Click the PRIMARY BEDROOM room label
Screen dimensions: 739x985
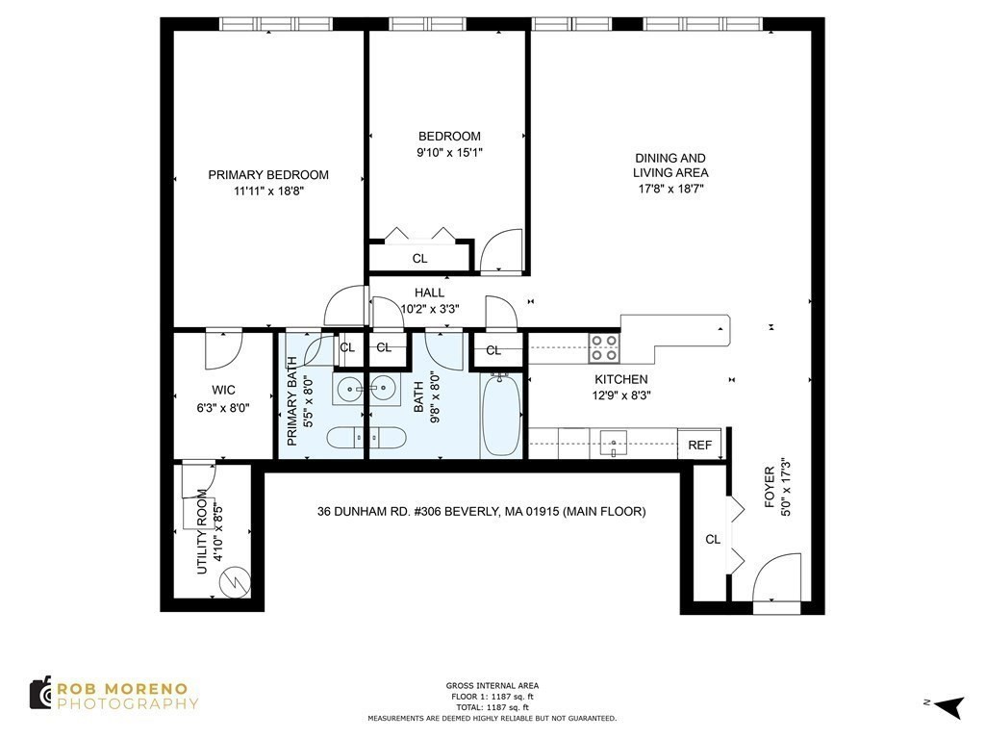(x=268, y=175)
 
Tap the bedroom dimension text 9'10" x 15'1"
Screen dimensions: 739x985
(x=449, y=152)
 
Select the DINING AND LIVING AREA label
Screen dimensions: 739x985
(x=669, y=166)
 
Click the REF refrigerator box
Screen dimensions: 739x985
(x=699, y=445)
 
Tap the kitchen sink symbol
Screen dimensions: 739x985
(x=613, y=444)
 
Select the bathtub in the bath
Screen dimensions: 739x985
(x=499, y=418)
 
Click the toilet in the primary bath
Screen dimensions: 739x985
(x=346, y=438)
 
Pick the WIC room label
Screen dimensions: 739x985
(x=223, y=390)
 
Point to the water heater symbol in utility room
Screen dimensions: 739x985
(x=233, y=581)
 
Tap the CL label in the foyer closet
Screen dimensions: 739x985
(x=713, y=540)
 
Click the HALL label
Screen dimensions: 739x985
(x=429, y=293)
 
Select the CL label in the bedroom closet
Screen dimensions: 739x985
(x=419, y=259)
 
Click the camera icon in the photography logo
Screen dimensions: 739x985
(x=40, y=693)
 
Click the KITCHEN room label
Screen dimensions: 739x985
(x=620, y=379)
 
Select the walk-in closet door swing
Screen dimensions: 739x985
(x=221, y=348)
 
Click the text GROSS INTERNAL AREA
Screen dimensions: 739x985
(x=492, y=686)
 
